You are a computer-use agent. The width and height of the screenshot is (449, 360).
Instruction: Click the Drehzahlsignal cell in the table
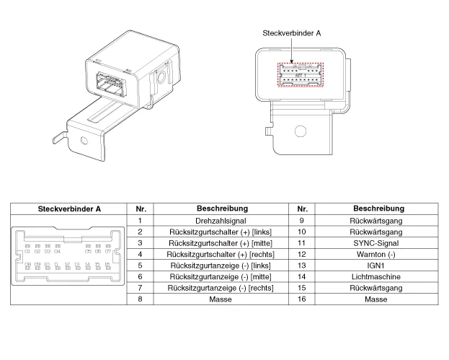tap(221, 220)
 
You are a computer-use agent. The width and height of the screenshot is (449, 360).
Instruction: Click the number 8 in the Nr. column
tap(140, 299)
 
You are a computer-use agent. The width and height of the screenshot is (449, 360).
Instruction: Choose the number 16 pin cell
tap(303, 299)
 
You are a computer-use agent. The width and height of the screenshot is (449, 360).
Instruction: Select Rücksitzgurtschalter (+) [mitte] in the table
tap(221, 242)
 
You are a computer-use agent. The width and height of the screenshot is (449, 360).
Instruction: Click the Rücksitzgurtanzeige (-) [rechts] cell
tap(221, 287)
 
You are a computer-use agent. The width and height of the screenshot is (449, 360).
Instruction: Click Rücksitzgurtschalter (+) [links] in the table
tap(221, 232)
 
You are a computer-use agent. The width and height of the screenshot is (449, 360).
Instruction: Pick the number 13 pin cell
tap(303, 265)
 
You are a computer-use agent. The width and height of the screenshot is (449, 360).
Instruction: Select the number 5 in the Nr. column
tap(140, 265)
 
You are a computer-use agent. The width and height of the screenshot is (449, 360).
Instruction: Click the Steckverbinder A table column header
tap(69, 208)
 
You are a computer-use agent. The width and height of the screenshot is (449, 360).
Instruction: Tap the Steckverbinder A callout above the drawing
tap(291, 32)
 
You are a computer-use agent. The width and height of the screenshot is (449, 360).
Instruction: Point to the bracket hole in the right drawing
tap(302, 131)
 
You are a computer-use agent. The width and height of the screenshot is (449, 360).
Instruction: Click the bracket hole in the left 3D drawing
tap(86, 143)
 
